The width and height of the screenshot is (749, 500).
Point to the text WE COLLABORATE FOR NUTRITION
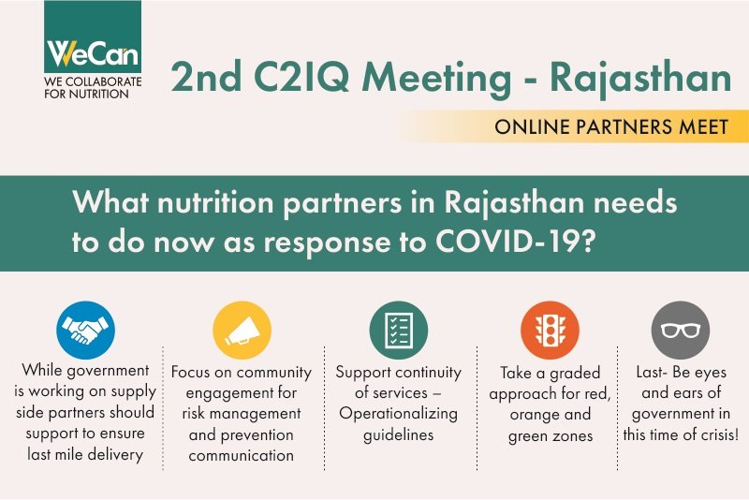94,88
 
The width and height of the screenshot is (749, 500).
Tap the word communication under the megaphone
242,456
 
